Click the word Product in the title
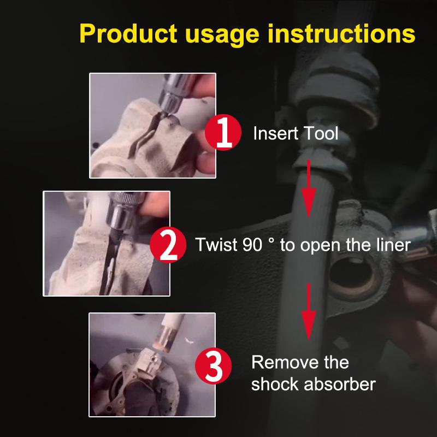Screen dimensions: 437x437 point(128,33)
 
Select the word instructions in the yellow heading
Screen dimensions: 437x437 point(341,33)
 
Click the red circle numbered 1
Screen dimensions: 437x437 point(223,132)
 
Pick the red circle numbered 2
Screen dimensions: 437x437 point(168,245)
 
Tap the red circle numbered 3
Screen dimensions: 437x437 point(213,366)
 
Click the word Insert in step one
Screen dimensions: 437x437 point(276,133)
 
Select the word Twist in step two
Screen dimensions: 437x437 point(216,245)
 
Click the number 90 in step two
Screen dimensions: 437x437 point(252,245)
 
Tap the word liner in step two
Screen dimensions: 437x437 point(393,245)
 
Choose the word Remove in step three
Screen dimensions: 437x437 point(285,362)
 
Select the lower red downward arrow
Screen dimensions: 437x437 point(309,312)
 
